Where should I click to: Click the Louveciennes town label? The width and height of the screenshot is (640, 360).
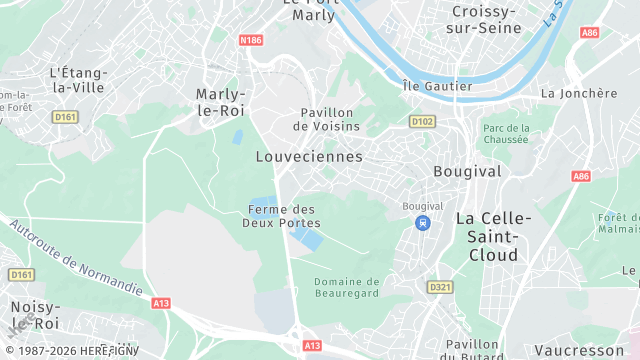point(308,157)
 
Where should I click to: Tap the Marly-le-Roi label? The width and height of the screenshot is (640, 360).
point(221,102)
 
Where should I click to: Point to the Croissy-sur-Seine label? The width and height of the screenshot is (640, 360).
point(486,19)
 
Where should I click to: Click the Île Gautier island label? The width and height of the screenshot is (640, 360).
point(436,86)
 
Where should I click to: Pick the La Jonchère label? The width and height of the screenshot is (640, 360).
point(578,93)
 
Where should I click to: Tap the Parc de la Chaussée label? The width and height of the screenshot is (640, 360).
point(505,134)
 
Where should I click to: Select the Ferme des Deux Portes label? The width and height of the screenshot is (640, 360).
point(281,215)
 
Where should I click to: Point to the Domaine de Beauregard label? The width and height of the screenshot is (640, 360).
point(347,289)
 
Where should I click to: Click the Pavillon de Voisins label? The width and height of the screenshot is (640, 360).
point(326,119)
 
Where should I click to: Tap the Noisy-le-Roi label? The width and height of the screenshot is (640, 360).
point(35,315)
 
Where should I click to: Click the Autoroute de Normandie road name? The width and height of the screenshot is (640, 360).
point(75,257)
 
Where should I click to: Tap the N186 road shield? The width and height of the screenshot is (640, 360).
point(251,40)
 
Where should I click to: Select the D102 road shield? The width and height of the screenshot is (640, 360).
point(423,122)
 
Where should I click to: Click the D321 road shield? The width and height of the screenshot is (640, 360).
point(440,287)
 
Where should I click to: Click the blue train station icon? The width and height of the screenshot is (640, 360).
point(424,223)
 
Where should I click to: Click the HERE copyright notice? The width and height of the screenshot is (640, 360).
point(70,351)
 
